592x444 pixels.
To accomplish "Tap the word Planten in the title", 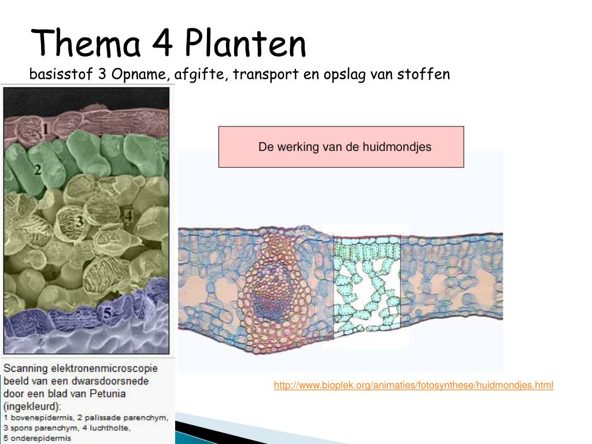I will point(246,44).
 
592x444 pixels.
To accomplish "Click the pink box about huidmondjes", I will point(341,147).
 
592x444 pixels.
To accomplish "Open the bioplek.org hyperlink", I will point(413,385).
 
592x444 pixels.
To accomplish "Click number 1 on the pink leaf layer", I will point(45,122).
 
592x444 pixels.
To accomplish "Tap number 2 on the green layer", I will point(36,170).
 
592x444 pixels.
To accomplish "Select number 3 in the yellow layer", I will point(79,221).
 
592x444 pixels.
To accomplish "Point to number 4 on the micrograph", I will point(128,217).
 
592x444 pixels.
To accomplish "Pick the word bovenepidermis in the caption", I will point(38,417).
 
